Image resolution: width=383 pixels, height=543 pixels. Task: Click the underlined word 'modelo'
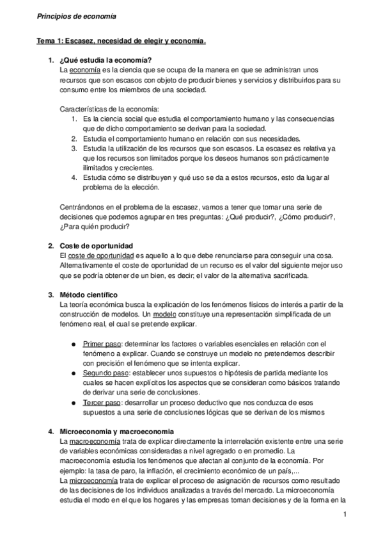(x=166, y=314)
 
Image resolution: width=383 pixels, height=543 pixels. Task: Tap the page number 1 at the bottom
(x=345, y=515)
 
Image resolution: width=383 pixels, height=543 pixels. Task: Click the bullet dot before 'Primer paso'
(x=76, y=343)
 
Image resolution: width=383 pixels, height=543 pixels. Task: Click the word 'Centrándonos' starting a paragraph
(x=81, y=206)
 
